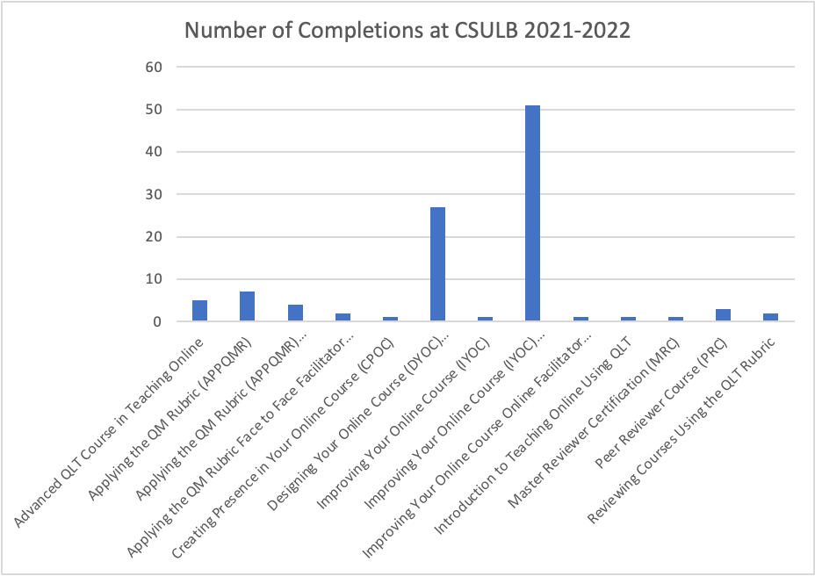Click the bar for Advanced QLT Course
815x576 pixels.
[199, 311]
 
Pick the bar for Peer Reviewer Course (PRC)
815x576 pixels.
[722, 315]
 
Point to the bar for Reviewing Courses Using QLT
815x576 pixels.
[769, 317]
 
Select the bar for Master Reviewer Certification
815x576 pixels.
[674, 319]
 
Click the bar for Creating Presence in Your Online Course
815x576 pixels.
[390, 319]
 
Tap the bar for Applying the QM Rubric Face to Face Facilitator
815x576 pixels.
[343, 317]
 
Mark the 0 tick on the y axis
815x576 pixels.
[156, 321]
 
